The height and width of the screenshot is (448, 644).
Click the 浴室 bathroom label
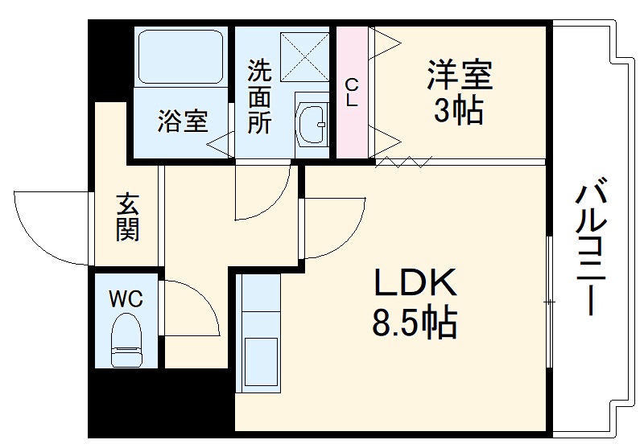click(x=182, y=122)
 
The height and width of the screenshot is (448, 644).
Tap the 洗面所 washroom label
click(x=259, y=97)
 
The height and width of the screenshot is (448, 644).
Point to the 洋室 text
click(x=459, y=77)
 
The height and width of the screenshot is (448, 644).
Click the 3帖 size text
click(x=459, y=112)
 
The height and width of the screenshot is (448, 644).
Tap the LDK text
click(x=414, y=285)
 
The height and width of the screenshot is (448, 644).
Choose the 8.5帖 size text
click(x=414, y=323)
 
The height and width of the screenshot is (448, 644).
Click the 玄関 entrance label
click(x=127, y=216)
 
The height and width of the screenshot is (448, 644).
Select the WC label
click(x=126, y=300)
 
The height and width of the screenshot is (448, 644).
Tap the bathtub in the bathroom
click(x=180, y=56)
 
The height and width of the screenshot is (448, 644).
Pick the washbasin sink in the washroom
click(x=312, y=125)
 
